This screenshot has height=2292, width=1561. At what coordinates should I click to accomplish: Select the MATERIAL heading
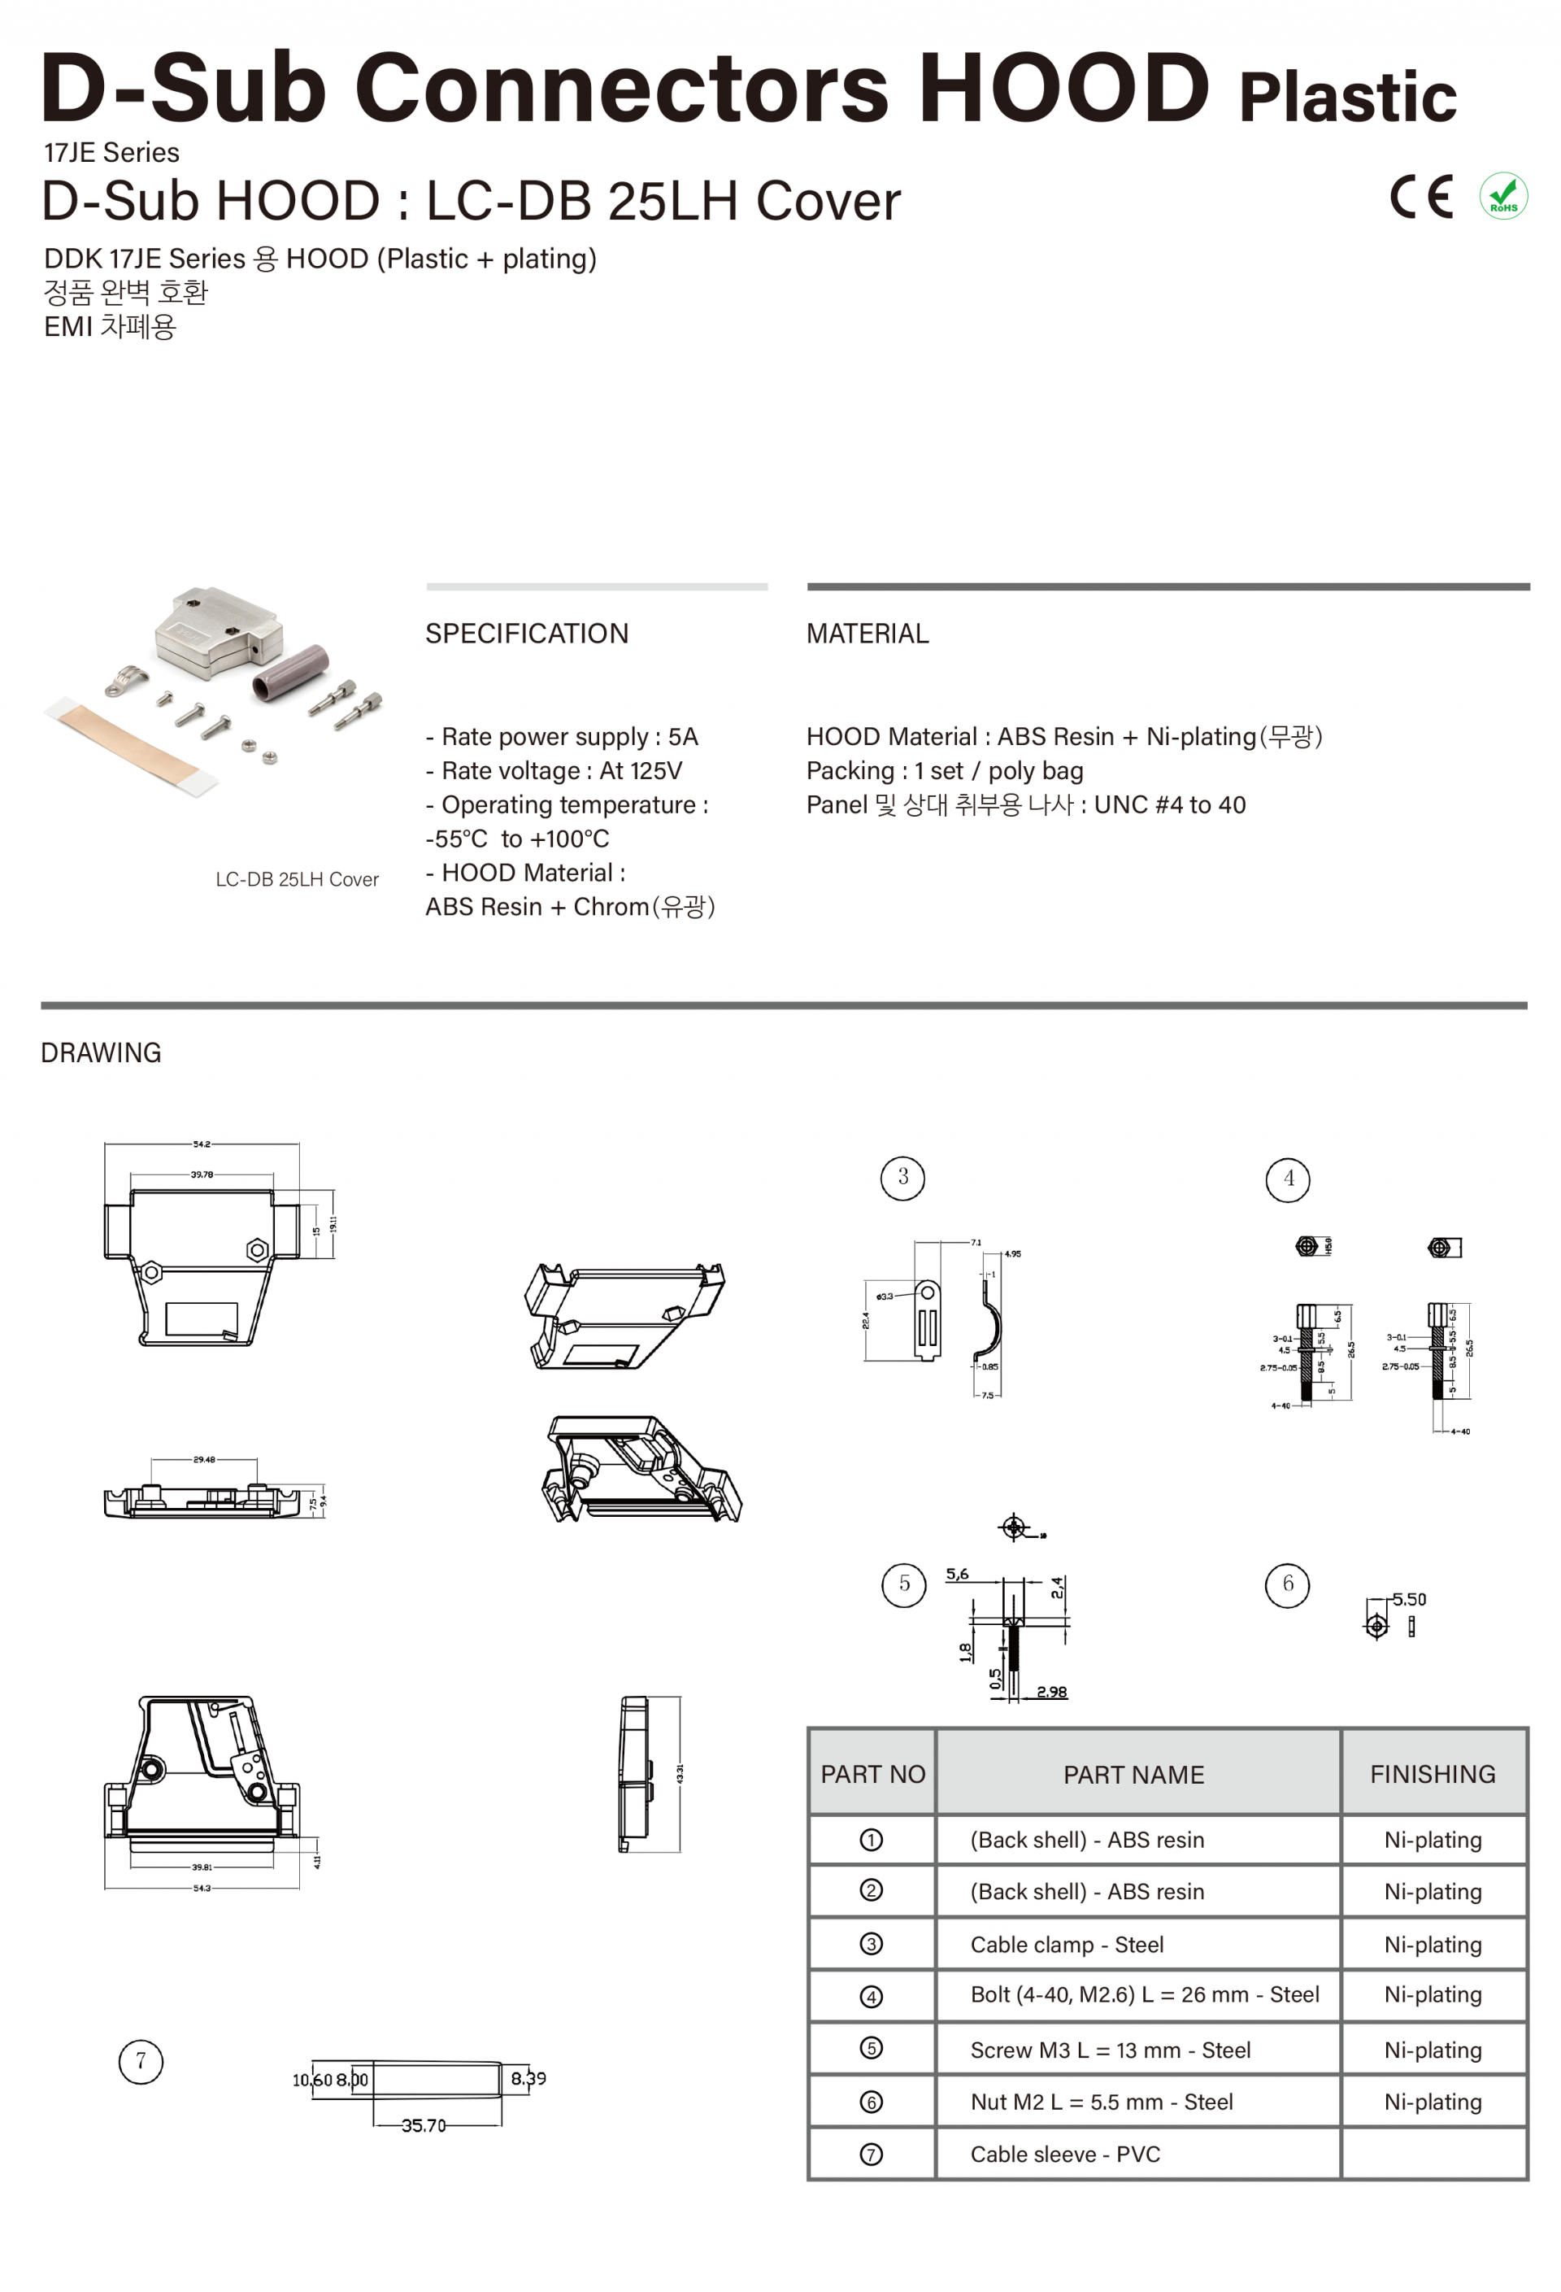tap(867, 633)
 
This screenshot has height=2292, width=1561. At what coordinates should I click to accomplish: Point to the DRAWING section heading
tap(101, 1052)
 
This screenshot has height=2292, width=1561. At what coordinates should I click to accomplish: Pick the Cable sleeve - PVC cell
tap(1064, 2154)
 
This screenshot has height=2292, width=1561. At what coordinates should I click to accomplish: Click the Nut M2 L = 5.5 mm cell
tap(1101, 2102)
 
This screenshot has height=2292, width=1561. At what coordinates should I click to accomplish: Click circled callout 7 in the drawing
tap(140, 2061)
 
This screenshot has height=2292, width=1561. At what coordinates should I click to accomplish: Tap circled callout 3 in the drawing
tap(902, 1178)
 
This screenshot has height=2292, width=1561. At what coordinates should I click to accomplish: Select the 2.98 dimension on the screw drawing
tap(1050, 1693)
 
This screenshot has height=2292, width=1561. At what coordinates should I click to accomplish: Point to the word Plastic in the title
tap(1346, 97)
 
